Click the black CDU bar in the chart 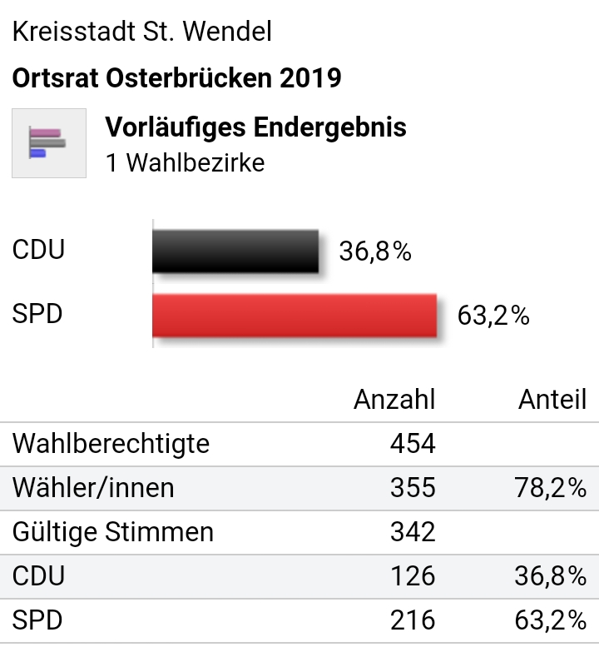click(x=235, y=251)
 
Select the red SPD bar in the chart click(x=295, y=315)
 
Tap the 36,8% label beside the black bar click(x=375, y=251)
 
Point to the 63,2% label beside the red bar click(x=493, y=316)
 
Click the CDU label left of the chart click(x=38, y=251)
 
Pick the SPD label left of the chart click(x=37, y=316)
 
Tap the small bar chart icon click(x=48, y=142)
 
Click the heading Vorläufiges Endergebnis click(x=256, y=127)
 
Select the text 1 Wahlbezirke click(x=185, y=162)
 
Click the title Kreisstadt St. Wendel click(x=141, y=32)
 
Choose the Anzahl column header click(x=394, y=400)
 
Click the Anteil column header click(x=552, y=400)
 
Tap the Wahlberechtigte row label click(x=111, y=444)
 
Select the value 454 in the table click(x=413, y=444)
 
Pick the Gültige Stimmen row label click(x=112, y=532)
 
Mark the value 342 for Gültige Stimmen click(x=413, y=532)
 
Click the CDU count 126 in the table click(x=413, y=576)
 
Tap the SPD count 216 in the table click(x=413, y=620)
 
